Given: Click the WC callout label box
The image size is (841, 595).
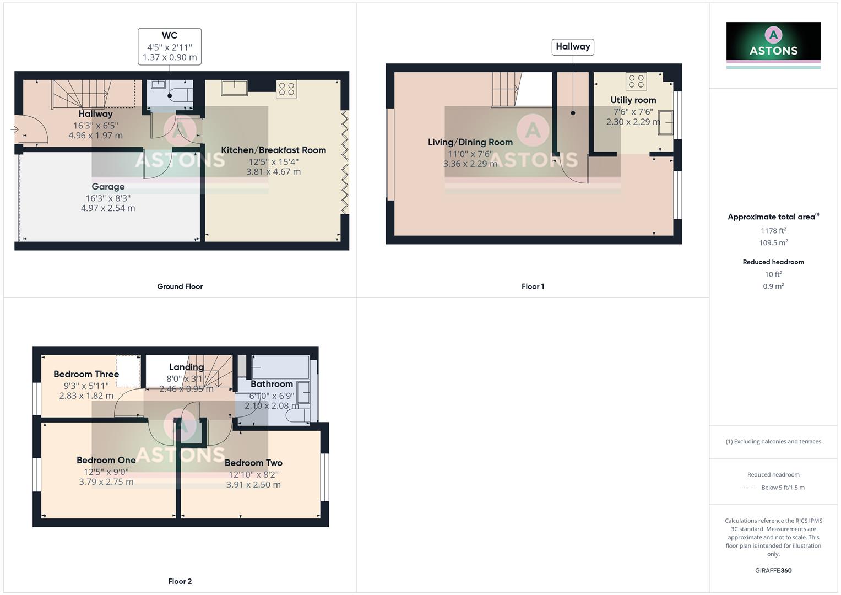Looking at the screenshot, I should click(170, 46).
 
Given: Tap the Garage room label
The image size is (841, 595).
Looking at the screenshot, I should click(108, 187).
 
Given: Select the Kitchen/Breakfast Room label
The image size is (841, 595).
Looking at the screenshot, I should click(273, 150).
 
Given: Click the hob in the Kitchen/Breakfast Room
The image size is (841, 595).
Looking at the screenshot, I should click(286, 89).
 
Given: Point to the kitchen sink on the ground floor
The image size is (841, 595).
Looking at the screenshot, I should click(234, 88).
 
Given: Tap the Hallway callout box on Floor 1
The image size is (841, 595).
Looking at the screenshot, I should click(573, 47).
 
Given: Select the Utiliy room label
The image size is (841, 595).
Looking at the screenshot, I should click(633, 100).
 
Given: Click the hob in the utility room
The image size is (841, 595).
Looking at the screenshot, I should click(636, 82).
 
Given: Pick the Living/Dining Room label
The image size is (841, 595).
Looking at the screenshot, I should click(470, 142).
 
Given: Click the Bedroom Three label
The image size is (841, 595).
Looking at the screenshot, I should click(86, 374).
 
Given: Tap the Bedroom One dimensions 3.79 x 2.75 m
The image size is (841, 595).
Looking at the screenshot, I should click(106, 482).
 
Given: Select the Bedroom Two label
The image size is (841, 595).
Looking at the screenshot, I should click(253, 463).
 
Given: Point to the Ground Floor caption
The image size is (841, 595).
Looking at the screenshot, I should click(180, 286).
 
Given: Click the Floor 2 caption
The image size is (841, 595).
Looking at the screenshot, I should click(180, 581).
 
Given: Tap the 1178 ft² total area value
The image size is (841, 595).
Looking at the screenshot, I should click(773, 231).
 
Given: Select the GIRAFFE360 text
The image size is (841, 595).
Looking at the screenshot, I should click(773, 571).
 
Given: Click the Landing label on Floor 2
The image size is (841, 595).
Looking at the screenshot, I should click(186, 367).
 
